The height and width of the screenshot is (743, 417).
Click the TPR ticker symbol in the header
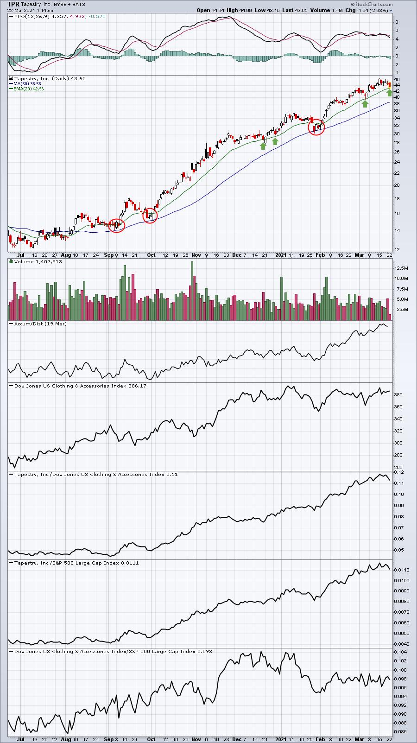(13, 4)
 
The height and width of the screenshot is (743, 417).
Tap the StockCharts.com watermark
(372, 4)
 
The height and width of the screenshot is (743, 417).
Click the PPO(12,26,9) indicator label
(32, 16)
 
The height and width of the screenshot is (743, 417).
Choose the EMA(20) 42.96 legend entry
(28, 89)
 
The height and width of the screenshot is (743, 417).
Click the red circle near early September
(117, 226)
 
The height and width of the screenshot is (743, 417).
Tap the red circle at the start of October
(150, 216)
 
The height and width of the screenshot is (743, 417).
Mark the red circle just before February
(316, 127)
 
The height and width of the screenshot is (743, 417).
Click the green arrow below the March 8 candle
(365, 104)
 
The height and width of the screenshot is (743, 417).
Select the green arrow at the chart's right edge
(390, 93)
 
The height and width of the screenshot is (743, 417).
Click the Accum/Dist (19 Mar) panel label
(40, 324)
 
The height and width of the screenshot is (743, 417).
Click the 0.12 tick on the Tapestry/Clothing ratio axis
(399, 472)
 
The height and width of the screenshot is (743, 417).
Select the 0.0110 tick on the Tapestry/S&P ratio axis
(401, 570)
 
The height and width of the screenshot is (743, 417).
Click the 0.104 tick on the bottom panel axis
(400, 652)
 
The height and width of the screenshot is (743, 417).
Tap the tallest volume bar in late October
(192, 291)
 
